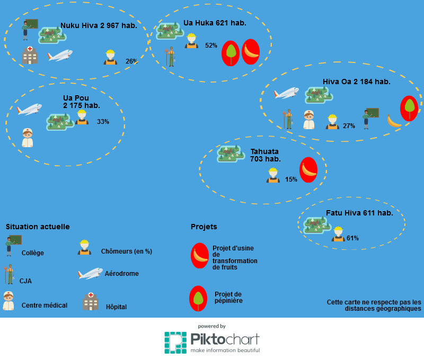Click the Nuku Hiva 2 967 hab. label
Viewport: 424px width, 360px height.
[x=99, y=25]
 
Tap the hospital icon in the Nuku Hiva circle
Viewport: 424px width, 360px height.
[x=30, y=55]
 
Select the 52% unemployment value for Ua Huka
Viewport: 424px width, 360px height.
[x=211, y=46]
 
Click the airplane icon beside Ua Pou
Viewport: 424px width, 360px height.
[x=30, y=109]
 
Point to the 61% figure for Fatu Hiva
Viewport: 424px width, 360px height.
[x=352, y=238]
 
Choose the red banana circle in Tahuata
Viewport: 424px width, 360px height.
[x=308, y=170]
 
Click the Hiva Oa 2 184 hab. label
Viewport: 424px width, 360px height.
[x=356, y=82]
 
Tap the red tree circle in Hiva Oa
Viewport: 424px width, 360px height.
[x=409, y=107]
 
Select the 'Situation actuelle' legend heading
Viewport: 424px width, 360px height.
[x=38, y=227]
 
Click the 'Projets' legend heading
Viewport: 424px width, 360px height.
[x=204, y=227]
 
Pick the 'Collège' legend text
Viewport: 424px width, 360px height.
[x=33, y=253]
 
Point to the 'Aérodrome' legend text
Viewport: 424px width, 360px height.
[x=121, y=274]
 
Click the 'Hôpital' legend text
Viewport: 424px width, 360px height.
[x=116, y=307]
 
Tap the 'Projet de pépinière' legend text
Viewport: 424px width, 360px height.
[x=228, y=298]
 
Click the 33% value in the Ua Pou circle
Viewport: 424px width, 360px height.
[x=103, y=122]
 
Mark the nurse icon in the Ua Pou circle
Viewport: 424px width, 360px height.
[x=28, y=138]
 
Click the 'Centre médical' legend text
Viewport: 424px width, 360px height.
[x=45, y=305]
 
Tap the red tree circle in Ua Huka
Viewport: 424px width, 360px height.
[x=230, y=53]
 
